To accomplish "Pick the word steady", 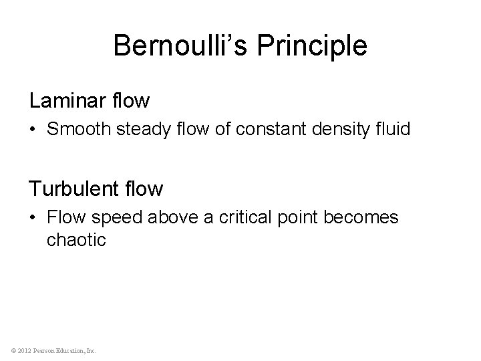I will [x=139, y=128].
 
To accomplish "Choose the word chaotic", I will [x=76, y=239].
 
